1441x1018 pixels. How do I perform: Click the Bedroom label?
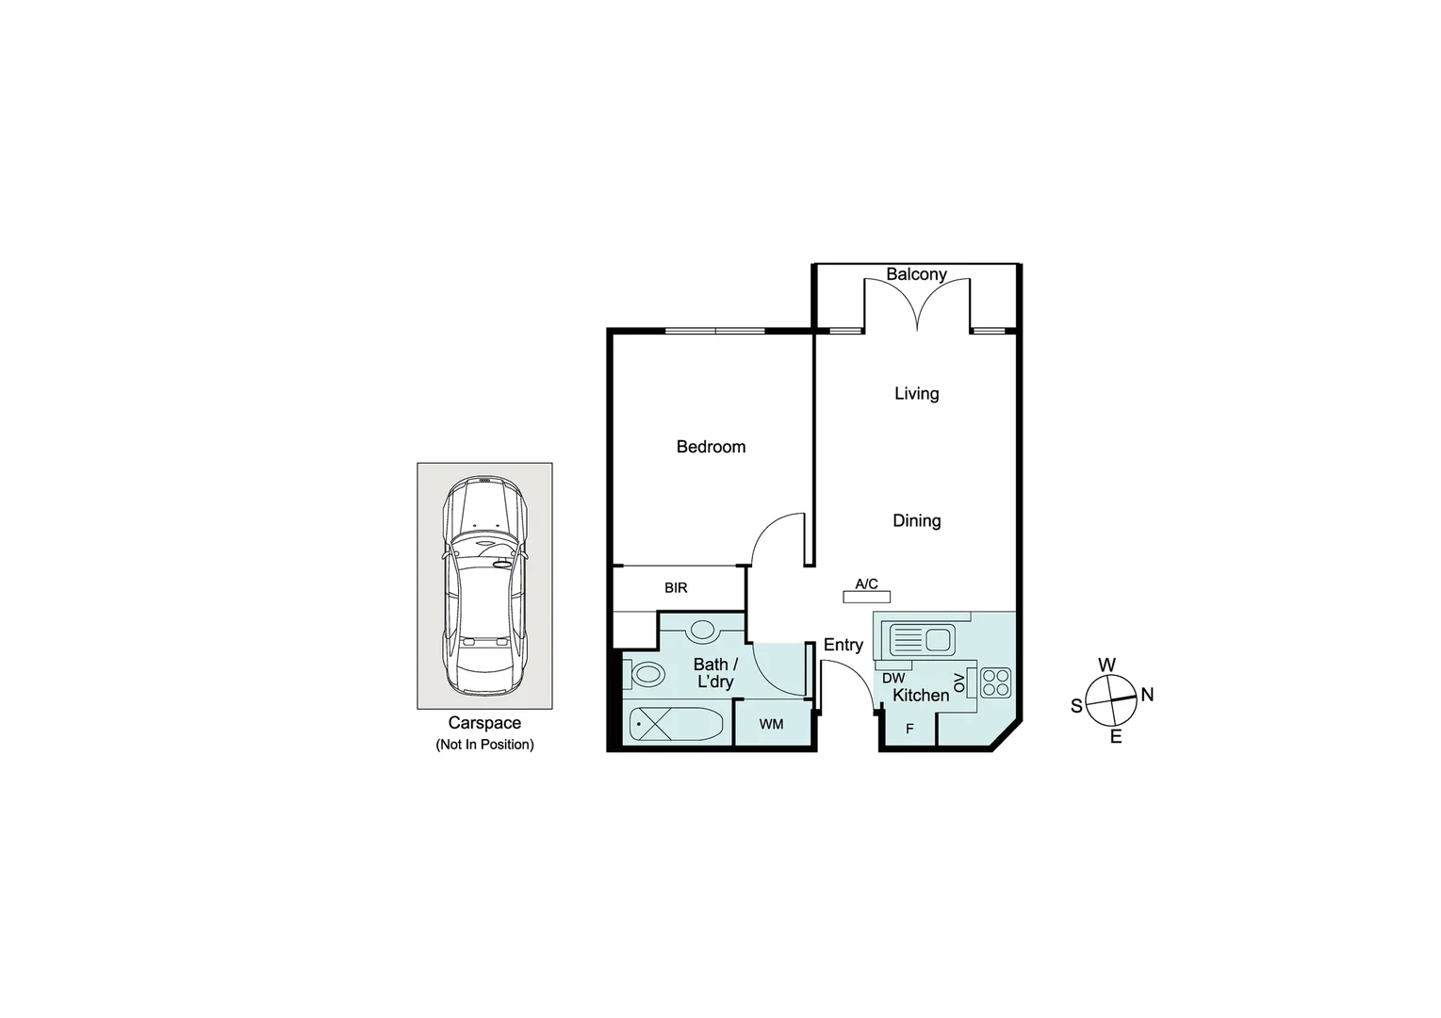click(x=711, y=447)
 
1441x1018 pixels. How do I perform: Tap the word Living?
click(x=916, y=393)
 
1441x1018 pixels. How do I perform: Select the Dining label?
click(x=916, y=520)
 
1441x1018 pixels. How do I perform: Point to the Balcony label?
click(x=916, y=274)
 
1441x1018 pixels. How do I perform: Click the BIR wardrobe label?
click(x=676, y=588)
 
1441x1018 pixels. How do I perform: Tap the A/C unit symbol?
click(x=866, y=596)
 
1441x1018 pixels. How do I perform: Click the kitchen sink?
click(x=922, y=641)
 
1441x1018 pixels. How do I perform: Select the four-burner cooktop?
click(x=995, y=681)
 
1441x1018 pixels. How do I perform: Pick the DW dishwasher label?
click(x=893, y=678)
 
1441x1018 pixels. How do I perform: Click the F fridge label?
click(x=909, y=729)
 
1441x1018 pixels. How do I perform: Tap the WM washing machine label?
click(x=771, y=724)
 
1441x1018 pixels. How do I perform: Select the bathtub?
click(x=676, y=725)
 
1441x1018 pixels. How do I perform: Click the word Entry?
click(x=843, y=645)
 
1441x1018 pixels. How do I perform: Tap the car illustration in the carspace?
click(x=485, y=584)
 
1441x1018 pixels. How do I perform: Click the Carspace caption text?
click(x=484, y=723)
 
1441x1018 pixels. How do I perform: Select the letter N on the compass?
click(x=1147, y=695)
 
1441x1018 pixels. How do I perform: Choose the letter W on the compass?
click(x=1106, y=665)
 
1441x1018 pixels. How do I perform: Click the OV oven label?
click(x=959, y=682)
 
